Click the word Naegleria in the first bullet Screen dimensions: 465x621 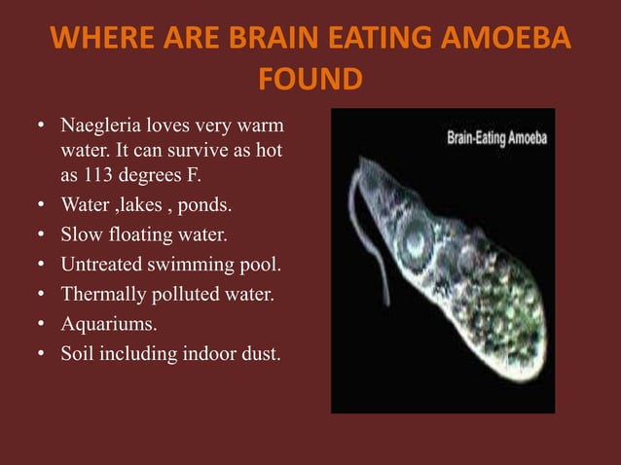[x=100, y=127]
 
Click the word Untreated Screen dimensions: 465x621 [x=101, y=264]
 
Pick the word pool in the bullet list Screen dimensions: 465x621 [x=247, y=264]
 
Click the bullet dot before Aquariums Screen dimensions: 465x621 [x=42, y=323]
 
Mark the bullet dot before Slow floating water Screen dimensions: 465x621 [x=42, y=234]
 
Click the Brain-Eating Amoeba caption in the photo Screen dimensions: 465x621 [x=496, y=137]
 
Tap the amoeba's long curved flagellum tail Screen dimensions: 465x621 [x=374, y=243]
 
